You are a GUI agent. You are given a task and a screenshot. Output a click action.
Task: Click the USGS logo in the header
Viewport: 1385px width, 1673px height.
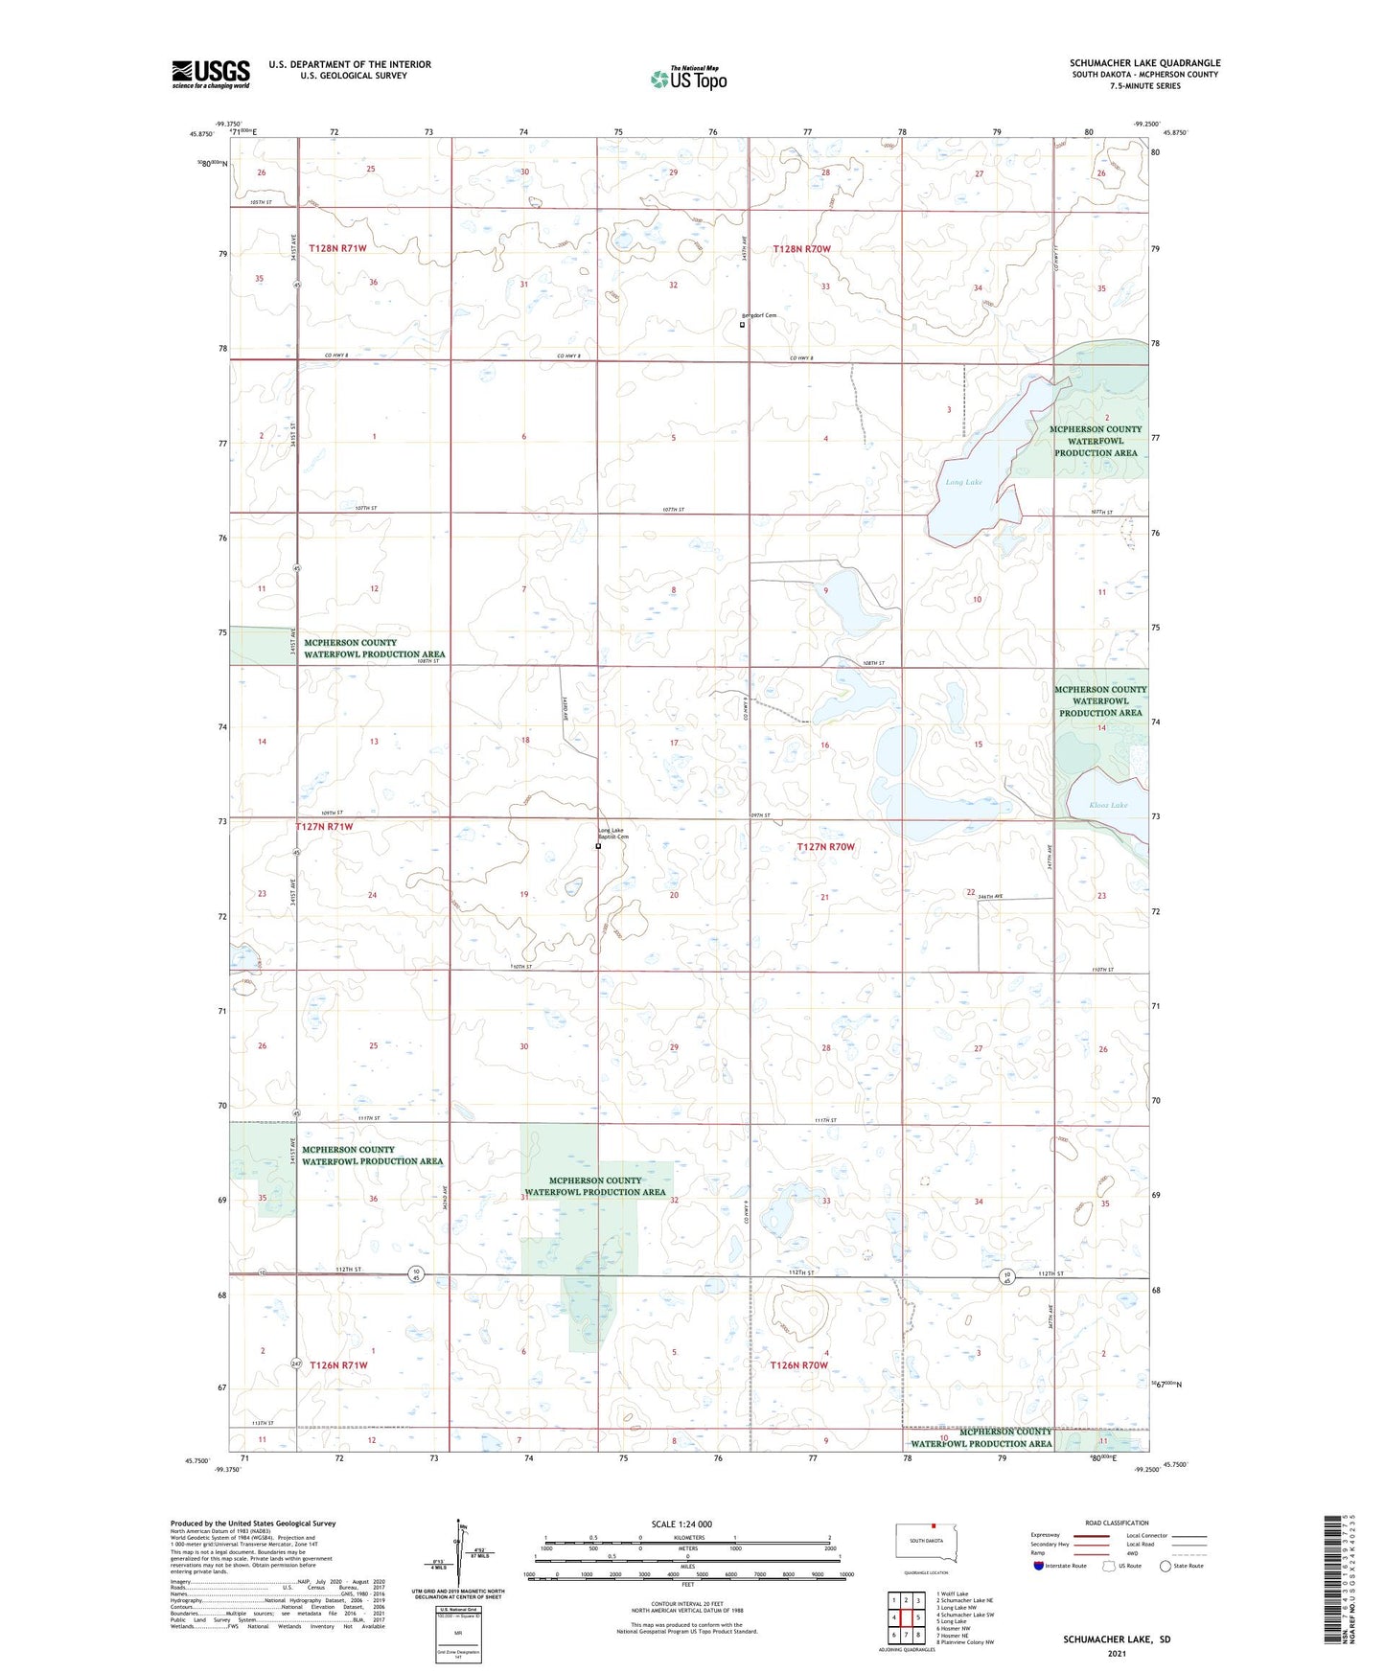[x=211, y=74]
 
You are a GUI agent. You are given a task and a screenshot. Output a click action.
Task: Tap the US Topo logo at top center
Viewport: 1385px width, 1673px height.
[x=688, y=79]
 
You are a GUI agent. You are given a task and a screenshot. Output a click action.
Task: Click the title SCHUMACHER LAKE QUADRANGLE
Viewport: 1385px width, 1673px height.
[x=1144, y=63]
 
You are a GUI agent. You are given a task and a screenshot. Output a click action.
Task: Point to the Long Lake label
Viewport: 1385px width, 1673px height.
[x=963, y=482]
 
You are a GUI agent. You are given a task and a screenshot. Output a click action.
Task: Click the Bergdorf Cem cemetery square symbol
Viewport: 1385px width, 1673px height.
[x=742, y=324]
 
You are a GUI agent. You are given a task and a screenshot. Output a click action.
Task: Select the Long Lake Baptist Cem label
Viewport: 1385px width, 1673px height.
[x=613, y=834]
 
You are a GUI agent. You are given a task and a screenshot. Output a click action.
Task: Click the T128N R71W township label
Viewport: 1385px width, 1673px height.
[x=337, y=248]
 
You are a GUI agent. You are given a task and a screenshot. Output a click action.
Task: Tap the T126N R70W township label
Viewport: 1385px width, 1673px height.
[x=798, y=1364]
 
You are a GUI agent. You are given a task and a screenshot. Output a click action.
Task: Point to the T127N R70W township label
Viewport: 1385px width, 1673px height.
[x=825, y=847]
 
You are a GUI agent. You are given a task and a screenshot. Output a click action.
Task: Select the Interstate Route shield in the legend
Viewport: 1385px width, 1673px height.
[x=1039, y=1566]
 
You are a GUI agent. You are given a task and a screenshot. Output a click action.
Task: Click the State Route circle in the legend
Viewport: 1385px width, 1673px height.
[x=1166, y=1566]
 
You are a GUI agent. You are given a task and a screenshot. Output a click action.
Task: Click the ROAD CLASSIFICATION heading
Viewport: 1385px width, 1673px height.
[x=1117, y=1523]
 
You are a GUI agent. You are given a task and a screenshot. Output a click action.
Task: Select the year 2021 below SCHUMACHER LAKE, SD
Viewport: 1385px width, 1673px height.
[x=1116, y=1654]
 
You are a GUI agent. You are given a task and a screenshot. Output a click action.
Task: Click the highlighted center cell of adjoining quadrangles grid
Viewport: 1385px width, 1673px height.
[x=906, y=1617]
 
